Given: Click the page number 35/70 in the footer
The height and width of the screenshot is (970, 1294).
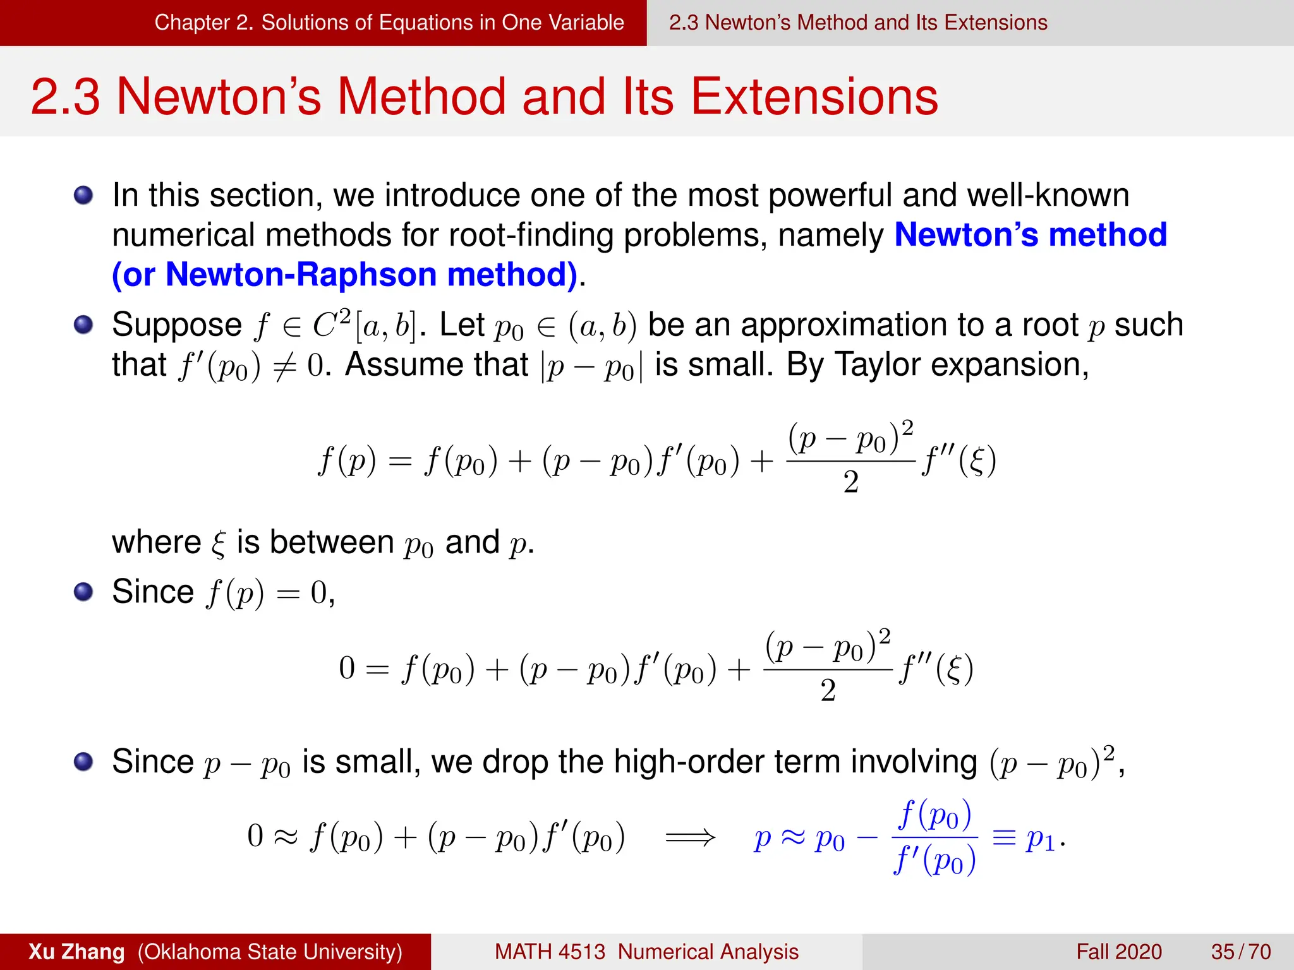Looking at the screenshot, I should click(1240, 952).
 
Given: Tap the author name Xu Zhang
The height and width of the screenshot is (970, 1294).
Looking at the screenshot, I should click(76, 952).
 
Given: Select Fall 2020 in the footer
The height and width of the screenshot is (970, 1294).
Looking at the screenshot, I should click(1118, 952).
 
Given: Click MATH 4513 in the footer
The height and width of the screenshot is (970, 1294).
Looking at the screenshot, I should click(549, 952).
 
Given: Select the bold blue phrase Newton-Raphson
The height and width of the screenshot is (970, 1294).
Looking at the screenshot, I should click(301, 275).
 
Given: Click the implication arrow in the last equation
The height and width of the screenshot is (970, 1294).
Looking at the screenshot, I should click(690, 838).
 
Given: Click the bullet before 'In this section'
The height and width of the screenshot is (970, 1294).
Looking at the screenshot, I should click(83, 195).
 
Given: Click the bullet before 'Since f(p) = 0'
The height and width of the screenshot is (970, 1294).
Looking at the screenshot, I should click(83, 592).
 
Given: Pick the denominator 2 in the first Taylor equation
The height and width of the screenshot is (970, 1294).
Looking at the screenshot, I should click(850, 482).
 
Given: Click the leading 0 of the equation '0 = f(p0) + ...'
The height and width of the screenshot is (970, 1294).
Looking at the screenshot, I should click(347, 668).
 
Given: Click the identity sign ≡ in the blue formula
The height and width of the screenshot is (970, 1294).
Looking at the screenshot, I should click(1004, 838).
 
